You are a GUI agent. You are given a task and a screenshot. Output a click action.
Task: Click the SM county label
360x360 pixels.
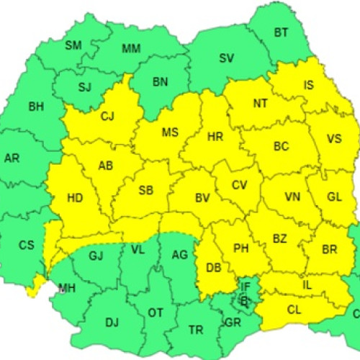click(x=73, y=45)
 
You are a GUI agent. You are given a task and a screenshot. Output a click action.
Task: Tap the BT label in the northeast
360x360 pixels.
click(x=282, y=32)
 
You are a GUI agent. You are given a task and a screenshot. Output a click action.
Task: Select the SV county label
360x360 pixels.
click(x=227, y=58)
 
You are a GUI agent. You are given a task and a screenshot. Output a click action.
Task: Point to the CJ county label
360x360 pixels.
click(x=107, y=116)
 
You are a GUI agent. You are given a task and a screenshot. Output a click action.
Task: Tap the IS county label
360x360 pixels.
click(x=309, y=86)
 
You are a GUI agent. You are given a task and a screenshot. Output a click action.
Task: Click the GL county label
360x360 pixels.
click(x=334, y=197)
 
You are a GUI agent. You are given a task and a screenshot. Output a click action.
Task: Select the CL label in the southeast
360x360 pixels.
click(x=293, y=310)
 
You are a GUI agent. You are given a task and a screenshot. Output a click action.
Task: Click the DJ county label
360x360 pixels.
click(x=112, y=322)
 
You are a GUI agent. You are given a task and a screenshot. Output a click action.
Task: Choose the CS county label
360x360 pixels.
click(x=26, y=245)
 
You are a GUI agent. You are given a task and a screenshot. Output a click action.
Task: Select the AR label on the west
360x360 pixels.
click(x=12, y=158)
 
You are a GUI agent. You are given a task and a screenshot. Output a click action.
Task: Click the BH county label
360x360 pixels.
click(x=36, y=107)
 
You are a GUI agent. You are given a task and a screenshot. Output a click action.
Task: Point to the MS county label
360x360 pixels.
click(x=170, y=132)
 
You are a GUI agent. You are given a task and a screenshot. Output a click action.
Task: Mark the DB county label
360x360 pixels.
click(x=213, y=267)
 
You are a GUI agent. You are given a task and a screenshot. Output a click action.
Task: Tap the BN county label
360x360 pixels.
click(x=160, y=81)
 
